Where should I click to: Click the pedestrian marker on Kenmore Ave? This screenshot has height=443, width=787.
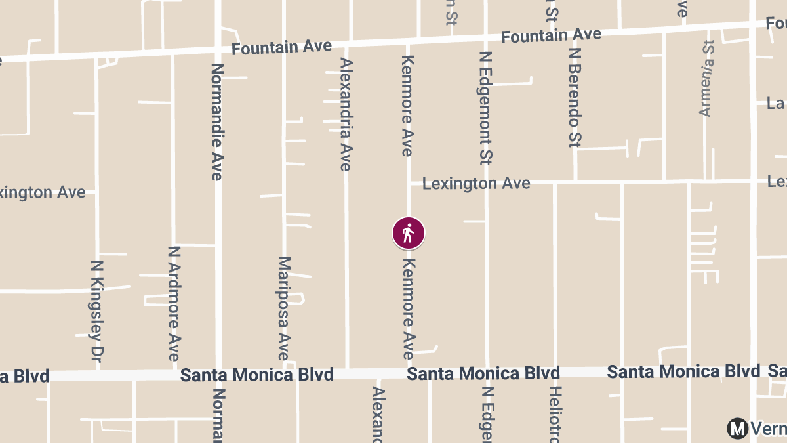click(409, 233)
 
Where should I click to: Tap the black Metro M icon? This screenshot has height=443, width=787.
click(737, 429)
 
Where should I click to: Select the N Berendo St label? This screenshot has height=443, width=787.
click(575, 96)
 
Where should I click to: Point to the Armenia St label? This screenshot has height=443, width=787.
click(706, 78)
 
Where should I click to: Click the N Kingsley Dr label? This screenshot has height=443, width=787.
click(97, 310)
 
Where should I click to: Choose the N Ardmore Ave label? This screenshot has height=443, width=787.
click(174, 303)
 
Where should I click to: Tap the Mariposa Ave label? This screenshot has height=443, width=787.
click(283, 308)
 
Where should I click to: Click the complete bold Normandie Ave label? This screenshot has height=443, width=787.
click(217, 121)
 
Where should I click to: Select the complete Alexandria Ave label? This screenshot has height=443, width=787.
click(346, 114)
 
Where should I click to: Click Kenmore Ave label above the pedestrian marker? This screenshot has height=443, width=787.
click(407, 106)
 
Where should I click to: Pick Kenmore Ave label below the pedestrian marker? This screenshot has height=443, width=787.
click(409, 308)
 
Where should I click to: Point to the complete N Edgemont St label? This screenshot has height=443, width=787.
click(486, 108)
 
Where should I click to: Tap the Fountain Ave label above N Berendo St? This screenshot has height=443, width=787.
click(551, 35)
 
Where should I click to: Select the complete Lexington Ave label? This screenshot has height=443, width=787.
click(476, 183)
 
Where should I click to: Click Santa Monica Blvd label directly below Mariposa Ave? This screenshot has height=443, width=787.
click(257, 375)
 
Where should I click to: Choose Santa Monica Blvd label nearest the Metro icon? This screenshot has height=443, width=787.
click(683, 371)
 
